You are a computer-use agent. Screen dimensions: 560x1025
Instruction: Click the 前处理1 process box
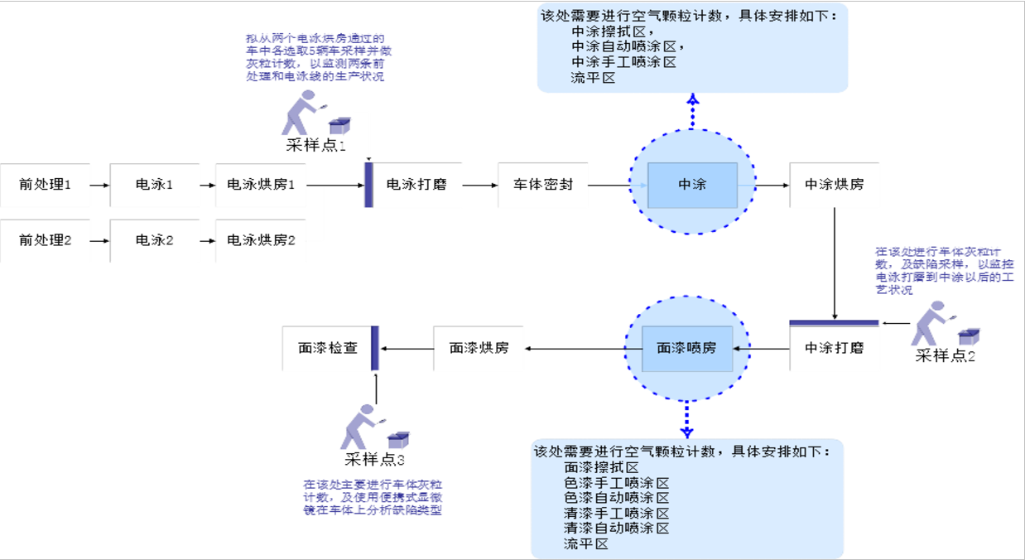(45, 185)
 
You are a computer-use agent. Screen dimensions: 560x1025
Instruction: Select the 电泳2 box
(154, 240)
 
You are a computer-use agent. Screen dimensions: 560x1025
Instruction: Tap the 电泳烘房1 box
(261, 185)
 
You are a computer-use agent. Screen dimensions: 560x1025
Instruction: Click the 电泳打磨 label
(416, 185)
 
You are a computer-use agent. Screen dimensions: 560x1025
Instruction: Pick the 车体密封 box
(542, 185)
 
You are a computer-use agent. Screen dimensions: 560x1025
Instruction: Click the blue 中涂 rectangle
(692, 185)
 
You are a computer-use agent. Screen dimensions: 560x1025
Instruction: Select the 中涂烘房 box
(834, 185)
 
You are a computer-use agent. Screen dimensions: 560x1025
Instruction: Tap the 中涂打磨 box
(834, 348)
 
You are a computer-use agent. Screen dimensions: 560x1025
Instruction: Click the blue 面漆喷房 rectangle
(686, 349)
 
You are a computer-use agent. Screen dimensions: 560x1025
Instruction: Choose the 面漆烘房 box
(479, 348)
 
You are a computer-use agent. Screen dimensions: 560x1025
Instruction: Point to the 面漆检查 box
(328, 348)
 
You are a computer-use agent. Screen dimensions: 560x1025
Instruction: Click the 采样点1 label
(315, 145)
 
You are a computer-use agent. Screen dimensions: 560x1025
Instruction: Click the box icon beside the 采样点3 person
(399, 439)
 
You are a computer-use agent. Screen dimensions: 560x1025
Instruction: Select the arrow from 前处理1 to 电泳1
(99, 185)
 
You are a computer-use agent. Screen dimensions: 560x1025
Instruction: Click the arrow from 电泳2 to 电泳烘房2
(204, 240)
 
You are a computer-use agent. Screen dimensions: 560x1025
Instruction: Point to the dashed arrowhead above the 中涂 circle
(693, 100)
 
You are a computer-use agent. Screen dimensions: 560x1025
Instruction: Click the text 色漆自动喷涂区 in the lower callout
(616, 498)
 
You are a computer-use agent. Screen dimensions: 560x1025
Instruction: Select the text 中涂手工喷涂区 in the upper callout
(623, 62)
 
